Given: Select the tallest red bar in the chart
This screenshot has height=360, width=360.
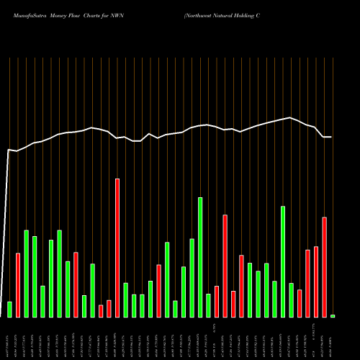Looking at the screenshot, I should coord(117,248).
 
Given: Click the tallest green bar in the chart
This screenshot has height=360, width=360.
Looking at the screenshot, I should coord(200,257).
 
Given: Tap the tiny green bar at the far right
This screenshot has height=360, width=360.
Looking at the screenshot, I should coord(333,316).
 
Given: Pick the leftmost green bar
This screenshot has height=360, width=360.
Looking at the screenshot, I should coord(10,309).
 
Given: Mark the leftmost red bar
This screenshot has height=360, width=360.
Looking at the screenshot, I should coord(18,285).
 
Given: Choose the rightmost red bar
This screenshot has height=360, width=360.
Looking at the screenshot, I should coord(325,267).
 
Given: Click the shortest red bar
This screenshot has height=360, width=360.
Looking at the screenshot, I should coord(101,310).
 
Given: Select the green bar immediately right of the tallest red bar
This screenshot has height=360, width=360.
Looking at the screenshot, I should coord(126,300).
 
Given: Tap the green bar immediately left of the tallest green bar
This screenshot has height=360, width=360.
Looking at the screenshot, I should coord(192,278).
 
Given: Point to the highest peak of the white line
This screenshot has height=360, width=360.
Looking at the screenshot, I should coord(290,117).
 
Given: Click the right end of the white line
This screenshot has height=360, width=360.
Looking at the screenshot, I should coord(331,137).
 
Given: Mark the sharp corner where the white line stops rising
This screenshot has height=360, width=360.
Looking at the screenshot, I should coord(9,150).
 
